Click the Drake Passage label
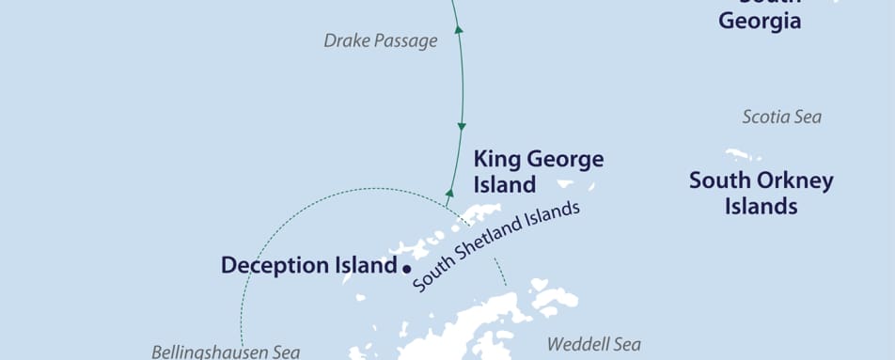click(381, 40)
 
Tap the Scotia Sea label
click(781, 117)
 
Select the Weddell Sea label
click(593, 345)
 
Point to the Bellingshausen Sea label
click(226, 352)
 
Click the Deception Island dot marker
click(407, 268)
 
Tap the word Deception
click(267, 266)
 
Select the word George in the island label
click(564, 160)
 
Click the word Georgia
click(760, 21)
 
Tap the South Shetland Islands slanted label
click(495, 246)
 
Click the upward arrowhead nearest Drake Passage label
click(459, 30)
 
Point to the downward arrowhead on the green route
click(462, 125)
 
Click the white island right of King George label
click(565, 184)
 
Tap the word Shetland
click(496, 245)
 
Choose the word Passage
click(406, 40)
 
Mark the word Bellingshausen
click(208, 352)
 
